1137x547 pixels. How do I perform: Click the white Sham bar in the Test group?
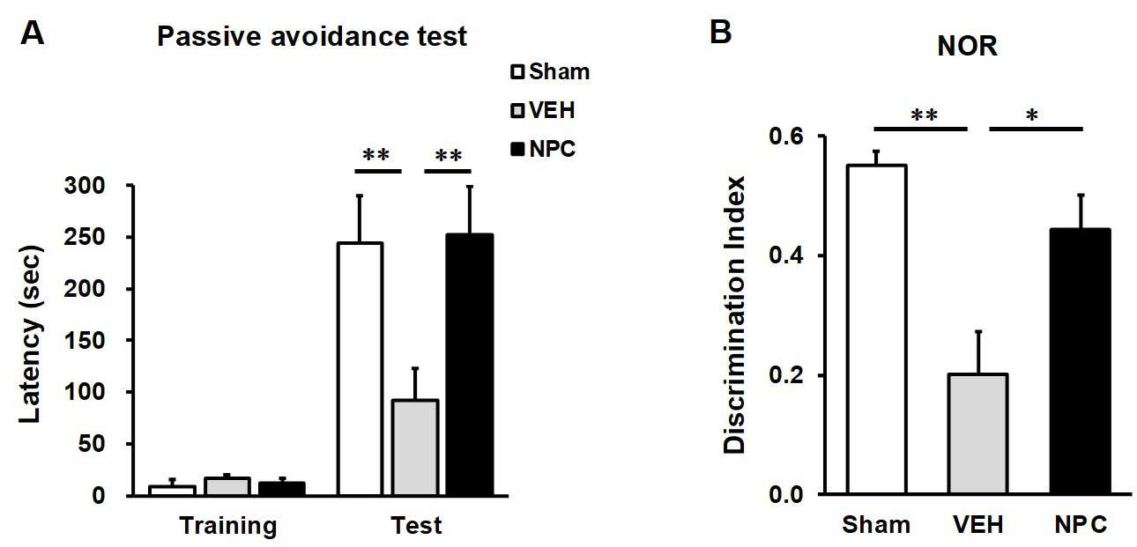(360, 369)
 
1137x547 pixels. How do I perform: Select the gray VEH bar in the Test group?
(415, 447)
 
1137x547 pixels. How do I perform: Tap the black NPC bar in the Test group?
(470, 365)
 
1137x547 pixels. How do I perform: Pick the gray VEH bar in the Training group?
(227, 486)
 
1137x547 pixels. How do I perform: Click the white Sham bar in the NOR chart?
(877, 329)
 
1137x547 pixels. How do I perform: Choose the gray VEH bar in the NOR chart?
(978, 434)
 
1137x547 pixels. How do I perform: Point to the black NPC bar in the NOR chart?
(1081, 361)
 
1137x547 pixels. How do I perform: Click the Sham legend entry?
(550, 71)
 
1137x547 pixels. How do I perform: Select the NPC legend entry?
(543, 149)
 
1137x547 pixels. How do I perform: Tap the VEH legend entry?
(543, 110)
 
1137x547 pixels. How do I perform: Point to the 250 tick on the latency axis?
(85, 237)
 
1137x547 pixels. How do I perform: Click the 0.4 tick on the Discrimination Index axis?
(786, 255)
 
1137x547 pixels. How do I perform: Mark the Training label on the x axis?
(228, 526)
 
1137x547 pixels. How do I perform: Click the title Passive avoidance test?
(312, 36)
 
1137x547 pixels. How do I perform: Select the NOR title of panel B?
(967, 46)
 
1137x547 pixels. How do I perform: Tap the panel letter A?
(32, 33)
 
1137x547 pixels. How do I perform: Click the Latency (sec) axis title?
(30, 335)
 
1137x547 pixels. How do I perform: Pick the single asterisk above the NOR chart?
(1032, 115)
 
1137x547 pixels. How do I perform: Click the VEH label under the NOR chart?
(978, 525)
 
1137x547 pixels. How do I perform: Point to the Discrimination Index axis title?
(734, 314)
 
